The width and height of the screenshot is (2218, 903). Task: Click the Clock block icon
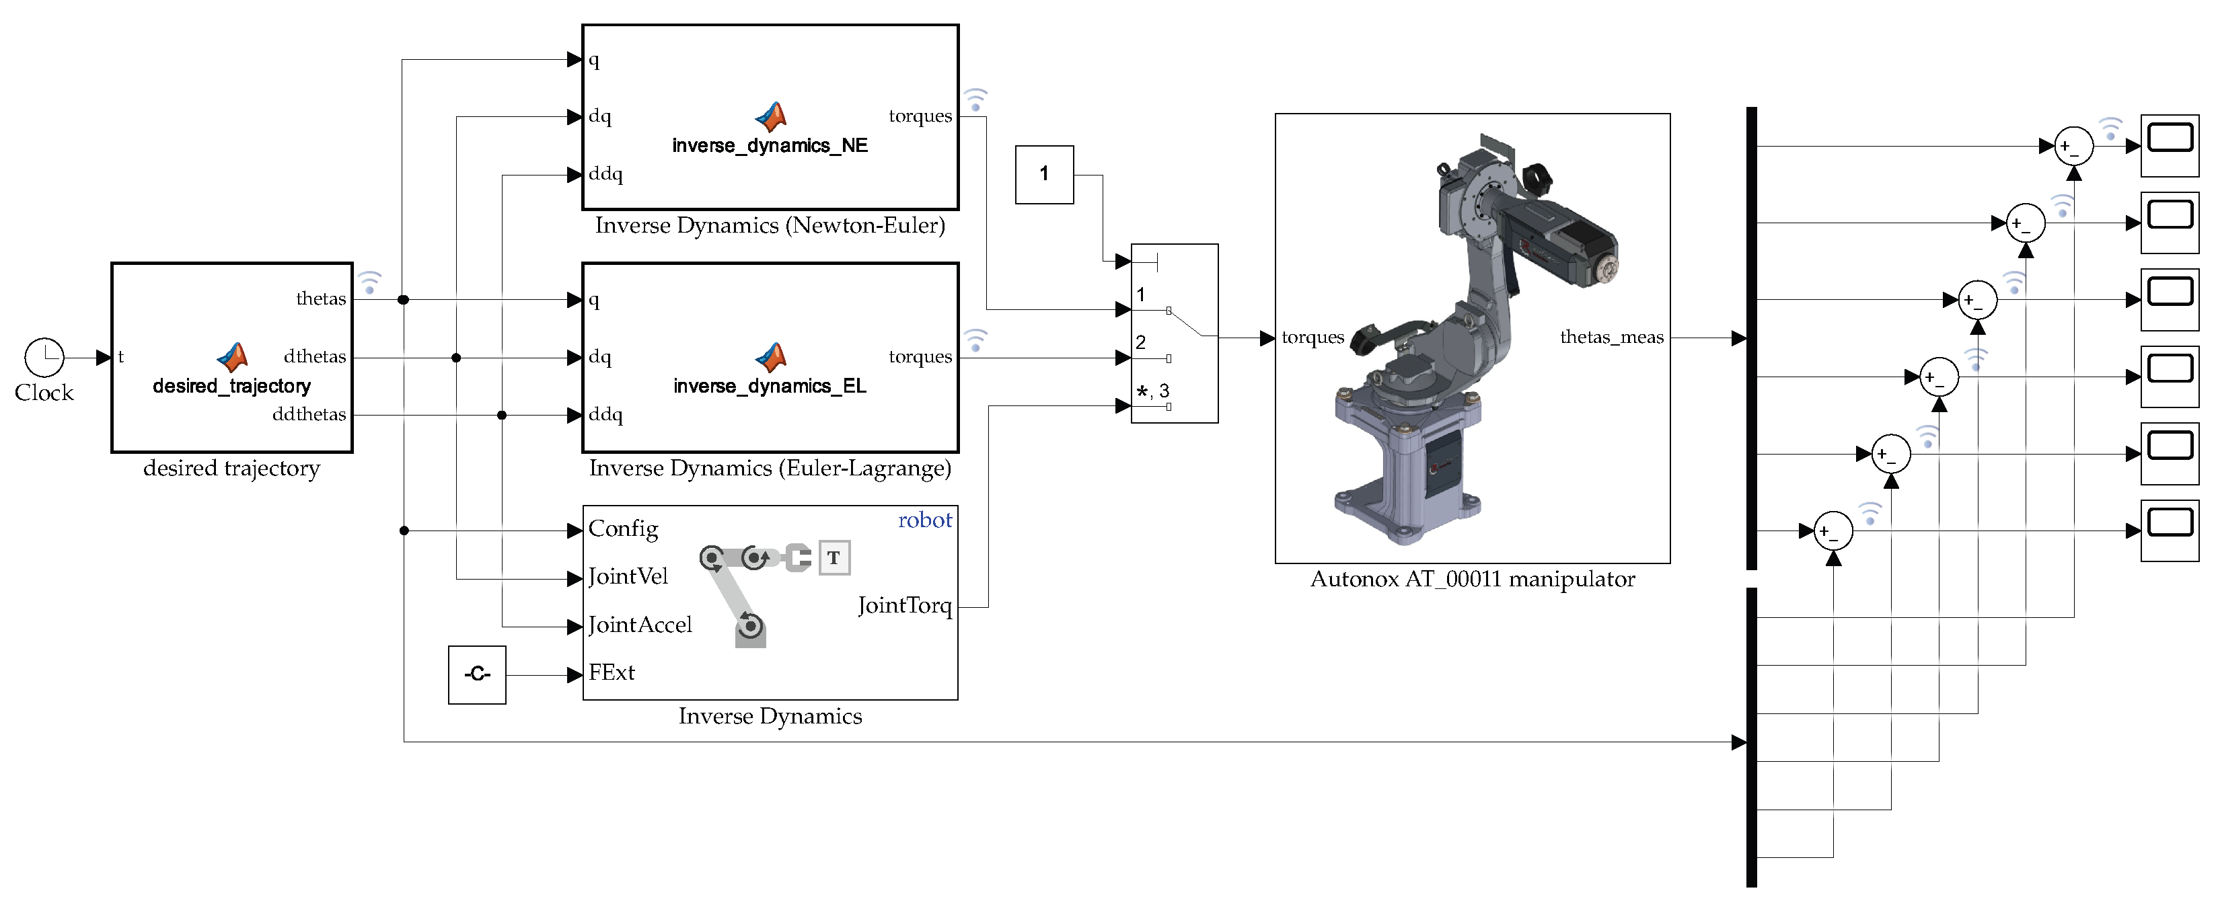click(x=44, y=356)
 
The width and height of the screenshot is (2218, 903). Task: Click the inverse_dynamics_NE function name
click(x=770, y=145)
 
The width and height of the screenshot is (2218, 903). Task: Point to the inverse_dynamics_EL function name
click(x=770, y=386)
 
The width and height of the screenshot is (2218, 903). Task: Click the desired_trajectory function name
click(x=231, y=386)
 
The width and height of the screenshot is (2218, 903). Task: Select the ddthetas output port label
click(x=308, y=414)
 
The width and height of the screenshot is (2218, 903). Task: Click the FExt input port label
click(x=612, y=672)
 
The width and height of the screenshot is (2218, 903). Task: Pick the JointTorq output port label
click(x=904, y=605)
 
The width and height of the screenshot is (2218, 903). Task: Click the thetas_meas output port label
click(x=1611, y=337)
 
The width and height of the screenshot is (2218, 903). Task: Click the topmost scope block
click(x=2170, y=147)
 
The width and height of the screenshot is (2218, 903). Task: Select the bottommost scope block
click(x=2170, y=531)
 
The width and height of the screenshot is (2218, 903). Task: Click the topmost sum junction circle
click(x=2073, y=147)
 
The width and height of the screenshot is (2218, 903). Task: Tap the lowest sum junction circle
click(x=1833, y=531)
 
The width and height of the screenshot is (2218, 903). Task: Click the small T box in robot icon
click(x=834, y=558)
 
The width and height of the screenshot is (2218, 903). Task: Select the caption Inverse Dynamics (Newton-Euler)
click(x=770, y=225)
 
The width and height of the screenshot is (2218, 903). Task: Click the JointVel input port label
click(x=628, y=576)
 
